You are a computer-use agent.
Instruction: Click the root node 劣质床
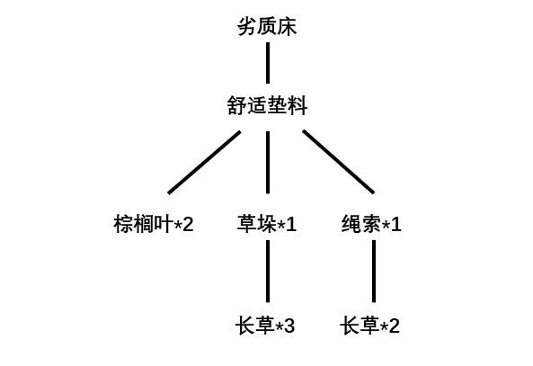point(267,27)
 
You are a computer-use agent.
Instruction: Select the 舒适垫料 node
point(267,105)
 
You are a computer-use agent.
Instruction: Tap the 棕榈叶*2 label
point(154,224)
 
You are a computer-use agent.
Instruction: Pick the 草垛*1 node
point(267,224)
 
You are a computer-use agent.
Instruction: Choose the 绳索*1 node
point(371,224)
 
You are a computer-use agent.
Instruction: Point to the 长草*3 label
point(265,326)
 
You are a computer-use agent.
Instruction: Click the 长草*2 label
point(369,326)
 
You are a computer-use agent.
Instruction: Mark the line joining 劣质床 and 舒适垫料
point(268,63)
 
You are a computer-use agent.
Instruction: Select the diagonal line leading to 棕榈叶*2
point(204,162)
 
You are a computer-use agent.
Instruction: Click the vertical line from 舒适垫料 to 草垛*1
point(268,163)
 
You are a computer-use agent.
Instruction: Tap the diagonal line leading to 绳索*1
point(339,162)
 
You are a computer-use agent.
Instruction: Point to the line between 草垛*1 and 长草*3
point(268,272)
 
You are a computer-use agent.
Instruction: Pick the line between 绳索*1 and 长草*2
point(374,272)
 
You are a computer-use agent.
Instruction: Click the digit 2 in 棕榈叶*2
point(188,225)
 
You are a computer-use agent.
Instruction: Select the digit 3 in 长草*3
point(289,326)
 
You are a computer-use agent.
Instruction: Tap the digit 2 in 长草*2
point(394,326)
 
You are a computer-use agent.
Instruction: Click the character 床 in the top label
point(288,27)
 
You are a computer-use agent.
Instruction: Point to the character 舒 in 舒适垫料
point(237,105)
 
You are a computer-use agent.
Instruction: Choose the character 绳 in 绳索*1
point(351,224)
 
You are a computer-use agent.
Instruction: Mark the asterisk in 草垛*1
point(281,223)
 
